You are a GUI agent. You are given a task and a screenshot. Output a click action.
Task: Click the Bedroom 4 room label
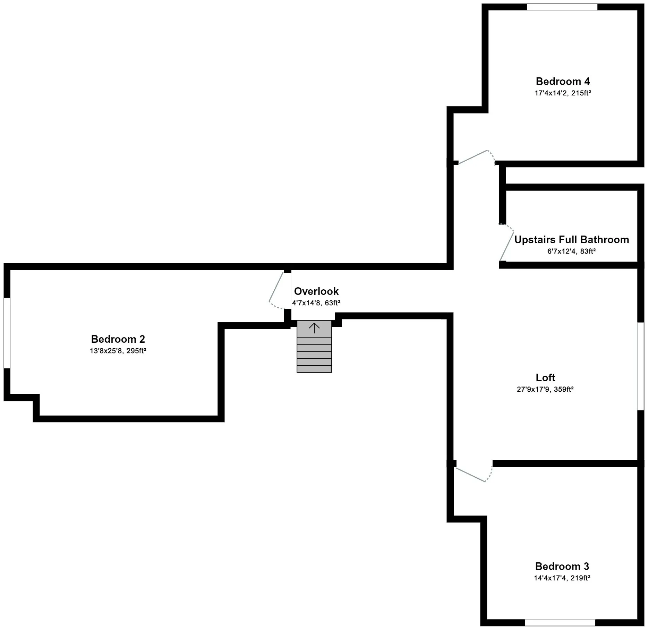tap(562, 82)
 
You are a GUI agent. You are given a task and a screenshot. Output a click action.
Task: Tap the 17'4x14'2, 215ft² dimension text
tap(562, 93)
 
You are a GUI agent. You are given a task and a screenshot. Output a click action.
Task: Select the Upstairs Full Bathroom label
tap(571, 240)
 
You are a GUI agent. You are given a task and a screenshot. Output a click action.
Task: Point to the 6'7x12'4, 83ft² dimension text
tap(571, 251)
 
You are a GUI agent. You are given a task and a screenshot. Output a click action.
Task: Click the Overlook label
tap(316, 291)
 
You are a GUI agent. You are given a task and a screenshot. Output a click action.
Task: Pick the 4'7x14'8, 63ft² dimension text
tap(316, 303)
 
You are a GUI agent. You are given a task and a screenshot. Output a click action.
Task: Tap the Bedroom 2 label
tap(118, 339)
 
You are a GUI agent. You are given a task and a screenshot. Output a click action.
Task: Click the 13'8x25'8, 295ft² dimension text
tap(118, 351)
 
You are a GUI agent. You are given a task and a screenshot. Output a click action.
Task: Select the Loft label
tap(545, 377)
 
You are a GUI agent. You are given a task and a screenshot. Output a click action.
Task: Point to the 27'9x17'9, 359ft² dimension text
tap(545, 389)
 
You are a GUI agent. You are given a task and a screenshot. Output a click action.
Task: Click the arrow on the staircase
tap(314, 328)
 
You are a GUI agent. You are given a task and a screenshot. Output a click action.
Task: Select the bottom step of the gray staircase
tap(314, 369)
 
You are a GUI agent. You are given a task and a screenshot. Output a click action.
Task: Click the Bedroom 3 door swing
tap(472, 475)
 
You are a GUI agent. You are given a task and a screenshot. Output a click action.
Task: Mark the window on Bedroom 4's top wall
tap(562, 7)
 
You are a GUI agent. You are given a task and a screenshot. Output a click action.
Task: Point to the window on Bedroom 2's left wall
tap(7, 333)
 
